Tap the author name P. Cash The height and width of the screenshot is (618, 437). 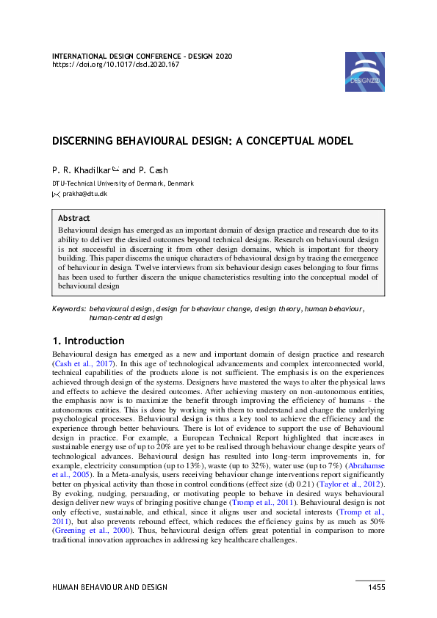(153, 170)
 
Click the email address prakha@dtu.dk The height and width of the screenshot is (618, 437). (85, 194)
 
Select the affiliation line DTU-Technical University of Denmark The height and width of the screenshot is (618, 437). (123, 183)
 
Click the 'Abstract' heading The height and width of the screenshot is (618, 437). (74, 218)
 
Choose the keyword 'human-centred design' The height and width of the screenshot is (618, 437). (125, 319)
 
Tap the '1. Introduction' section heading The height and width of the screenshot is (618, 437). (88, 341)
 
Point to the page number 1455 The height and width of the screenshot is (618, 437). (376, 587)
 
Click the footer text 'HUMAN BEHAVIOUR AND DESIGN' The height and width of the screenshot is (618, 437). (109, 587)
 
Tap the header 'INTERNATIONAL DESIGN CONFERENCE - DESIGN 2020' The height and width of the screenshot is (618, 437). (142, 56)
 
